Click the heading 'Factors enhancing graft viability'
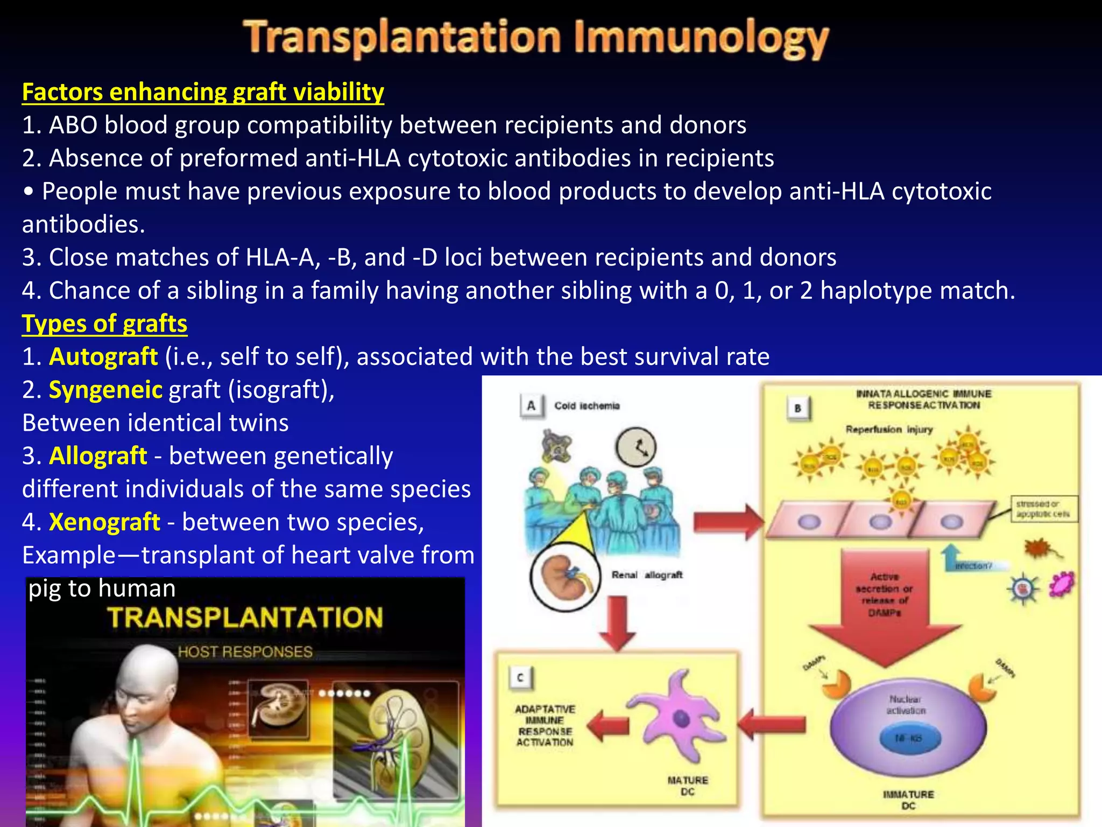(203, 92)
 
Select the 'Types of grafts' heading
(104, 324)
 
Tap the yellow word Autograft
(103, 357)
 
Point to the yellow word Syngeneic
(105, 390)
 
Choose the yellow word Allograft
(98, 456)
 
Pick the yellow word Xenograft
(104, 522)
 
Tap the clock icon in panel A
(635, 447)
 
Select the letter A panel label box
(531, 405)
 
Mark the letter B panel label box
(797, 408)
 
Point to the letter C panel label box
(520, 677)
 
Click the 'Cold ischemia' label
(587, 405)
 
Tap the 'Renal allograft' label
(647, 575)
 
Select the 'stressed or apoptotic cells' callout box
(1043, 509)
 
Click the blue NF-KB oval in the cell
(909, 738)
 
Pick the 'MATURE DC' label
(688, 786)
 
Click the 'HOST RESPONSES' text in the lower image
(245, 652)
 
